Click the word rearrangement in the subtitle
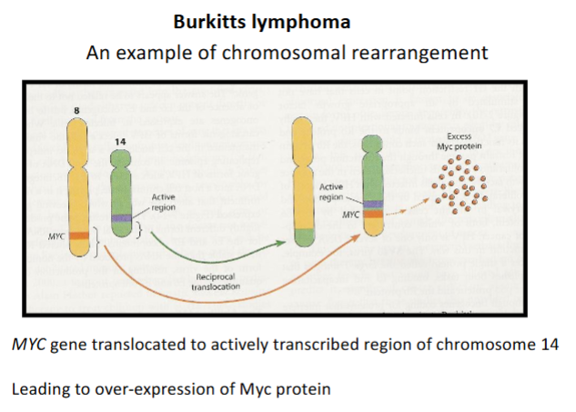tap(421, 52)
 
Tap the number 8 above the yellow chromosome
tap(76, 111)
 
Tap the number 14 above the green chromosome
tap(122, 142)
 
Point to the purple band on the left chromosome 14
tap(122, 218)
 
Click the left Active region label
tap(164, 202)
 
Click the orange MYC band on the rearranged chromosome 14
tap(373, 216)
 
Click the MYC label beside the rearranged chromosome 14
tap(349, 216)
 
